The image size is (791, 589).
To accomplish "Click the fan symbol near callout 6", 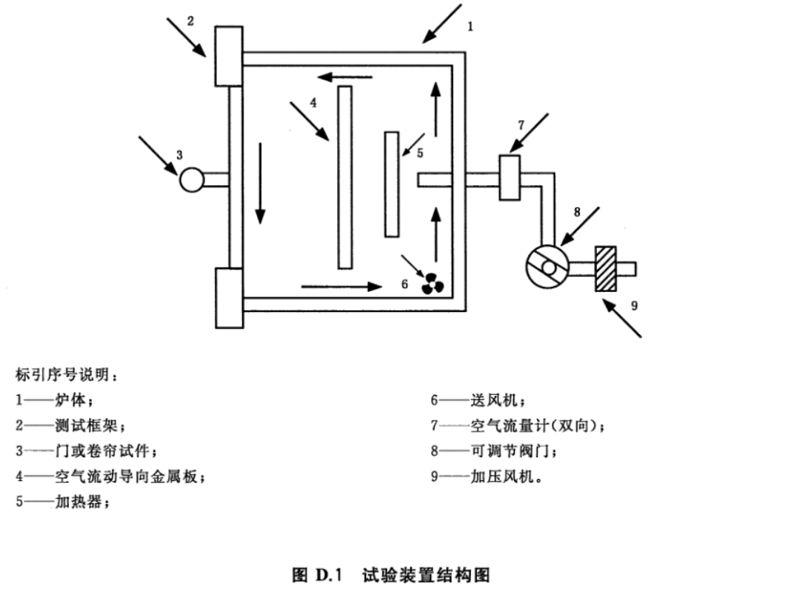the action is pyautogui.click(x=433, y=284).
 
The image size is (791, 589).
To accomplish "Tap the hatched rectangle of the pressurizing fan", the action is pyautogui.click(x=605, y=268).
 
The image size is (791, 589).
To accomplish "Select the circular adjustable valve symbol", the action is pyautogui.click(x=547, y=267).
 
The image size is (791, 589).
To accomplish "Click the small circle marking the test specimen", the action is pyautogui.click(x=192, y=180).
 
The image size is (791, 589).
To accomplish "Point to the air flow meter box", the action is pyautogui.click(x=510, y=178).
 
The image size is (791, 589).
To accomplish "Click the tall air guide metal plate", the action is pyautogui.click(x=345, y=177).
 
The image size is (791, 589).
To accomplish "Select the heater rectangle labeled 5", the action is pyautogui.click(x=392, y=184).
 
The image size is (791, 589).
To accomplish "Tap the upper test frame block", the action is pyautogui.click(x=229, y=56).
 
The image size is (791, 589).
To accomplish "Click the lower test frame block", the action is pyautogui.click(x=229, y=298).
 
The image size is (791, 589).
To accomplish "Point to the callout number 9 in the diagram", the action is pyautogui.click(x=634, y=305).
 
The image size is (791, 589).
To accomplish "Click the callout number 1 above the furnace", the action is pyautogui.click(x=470, y=26).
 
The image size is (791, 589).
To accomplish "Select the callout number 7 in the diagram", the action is pyautogui.click(x=521, y=124).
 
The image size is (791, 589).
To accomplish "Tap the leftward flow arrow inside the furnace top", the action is pyautogui.click(x=345, y=77).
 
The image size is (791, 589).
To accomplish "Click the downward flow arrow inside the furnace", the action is pyautogui.click(x=260, y=183).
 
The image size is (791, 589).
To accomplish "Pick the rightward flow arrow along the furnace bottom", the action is pyautogui.click(x=342, y=287).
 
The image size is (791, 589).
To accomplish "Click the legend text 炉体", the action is pyautogui.click(x=70, y=400).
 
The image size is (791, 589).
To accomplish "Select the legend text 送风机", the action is pyautogui.click(x=494, y=400).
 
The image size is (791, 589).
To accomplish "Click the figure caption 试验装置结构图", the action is pyautogui.click(x=426, y=575).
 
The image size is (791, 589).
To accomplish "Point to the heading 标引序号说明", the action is pyautogui.click(x=62, y=374).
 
